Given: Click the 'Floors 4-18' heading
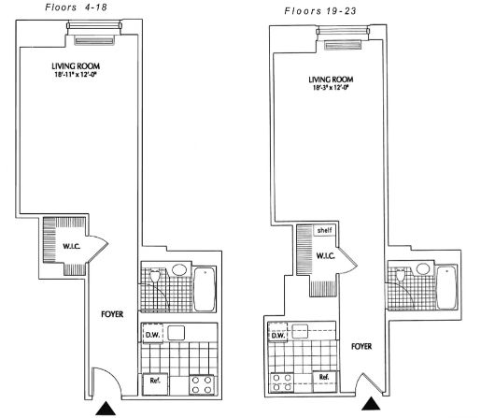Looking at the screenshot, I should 76,7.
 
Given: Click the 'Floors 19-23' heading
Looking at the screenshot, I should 321,14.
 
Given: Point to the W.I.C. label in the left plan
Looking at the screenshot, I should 75,248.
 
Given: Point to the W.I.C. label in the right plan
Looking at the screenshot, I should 327,254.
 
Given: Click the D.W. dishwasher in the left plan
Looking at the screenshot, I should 153,334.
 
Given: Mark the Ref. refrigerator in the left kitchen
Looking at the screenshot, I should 154,381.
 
